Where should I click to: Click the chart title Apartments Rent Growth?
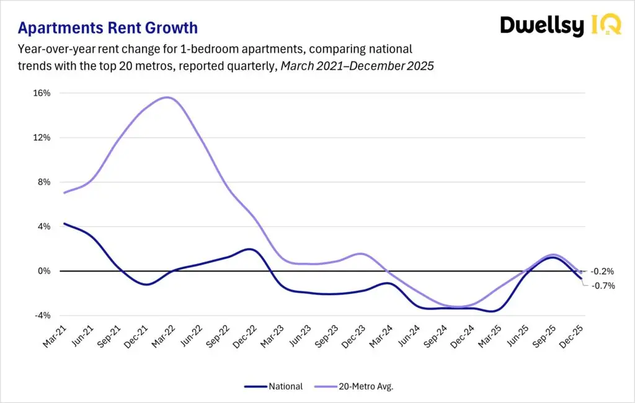[x=108, y=28]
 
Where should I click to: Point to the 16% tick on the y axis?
[x=42, y=93]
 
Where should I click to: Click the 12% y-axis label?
[x=42, y=138]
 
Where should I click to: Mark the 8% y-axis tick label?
[x=44, y=182]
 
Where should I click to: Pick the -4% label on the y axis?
[x=43, y=316]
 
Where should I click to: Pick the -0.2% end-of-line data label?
[x=602, y=272]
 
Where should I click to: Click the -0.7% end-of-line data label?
[x=602, y=286]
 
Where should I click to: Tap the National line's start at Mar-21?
[x=64, y=224]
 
